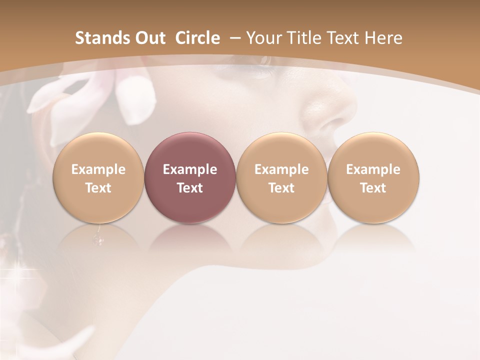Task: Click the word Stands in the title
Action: point(100,38)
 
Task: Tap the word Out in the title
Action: point(148,38)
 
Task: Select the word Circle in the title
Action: point(197,38)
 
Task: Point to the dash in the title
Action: point(234,38)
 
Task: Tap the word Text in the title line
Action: point(345,38)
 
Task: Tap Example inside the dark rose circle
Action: point(190,169)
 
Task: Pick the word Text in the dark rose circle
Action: point(190,188)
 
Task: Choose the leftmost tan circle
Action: point(98,150)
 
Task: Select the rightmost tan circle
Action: point(373,150)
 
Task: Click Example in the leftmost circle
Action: point(98,169)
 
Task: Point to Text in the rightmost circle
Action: point(373,188)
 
